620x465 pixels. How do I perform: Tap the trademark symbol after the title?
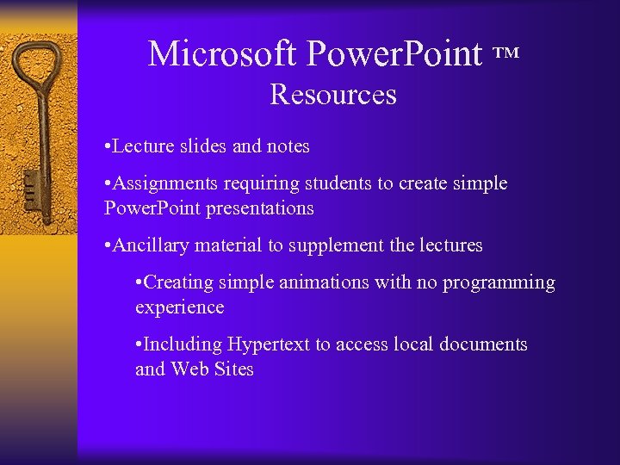pos(506,53)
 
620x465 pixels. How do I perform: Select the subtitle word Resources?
pos(333,94)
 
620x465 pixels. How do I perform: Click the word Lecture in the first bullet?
pos(144,146)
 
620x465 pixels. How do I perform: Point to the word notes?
pos(288,146)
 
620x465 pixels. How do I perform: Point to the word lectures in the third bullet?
pos(450,245)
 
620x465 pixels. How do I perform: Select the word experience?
pos(179,307)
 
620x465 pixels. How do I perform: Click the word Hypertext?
pos(268,344)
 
